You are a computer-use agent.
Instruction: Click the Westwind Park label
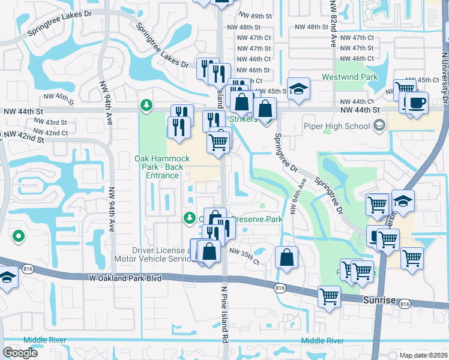349,77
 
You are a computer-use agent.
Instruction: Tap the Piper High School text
340,126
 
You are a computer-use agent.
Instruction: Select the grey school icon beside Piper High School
379,125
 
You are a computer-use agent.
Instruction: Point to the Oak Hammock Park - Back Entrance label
157,166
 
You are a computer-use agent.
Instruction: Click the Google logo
20,353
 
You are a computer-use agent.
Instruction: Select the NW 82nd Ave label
333,25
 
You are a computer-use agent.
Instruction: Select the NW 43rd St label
50,122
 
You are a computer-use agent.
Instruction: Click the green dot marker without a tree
19,236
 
